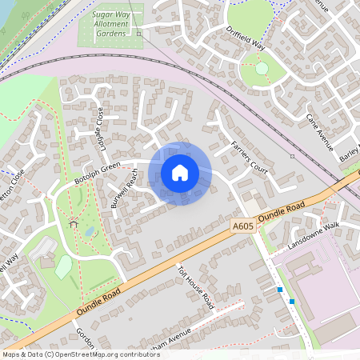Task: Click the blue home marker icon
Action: (x=180, y=173)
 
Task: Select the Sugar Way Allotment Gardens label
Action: (x=111, y=24)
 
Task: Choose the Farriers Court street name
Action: (x=249, y=157)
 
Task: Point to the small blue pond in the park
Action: (x=90, y=232)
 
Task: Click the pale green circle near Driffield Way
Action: (x=262, y=69)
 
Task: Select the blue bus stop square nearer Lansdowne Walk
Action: (x=279, y=289)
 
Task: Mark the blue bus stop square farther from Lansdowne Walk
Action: (x=292, y=301)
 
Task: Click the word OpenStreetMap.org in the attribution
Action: (x=88, y=354)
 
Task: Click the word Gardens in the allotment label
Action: (x=111, y=34)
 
